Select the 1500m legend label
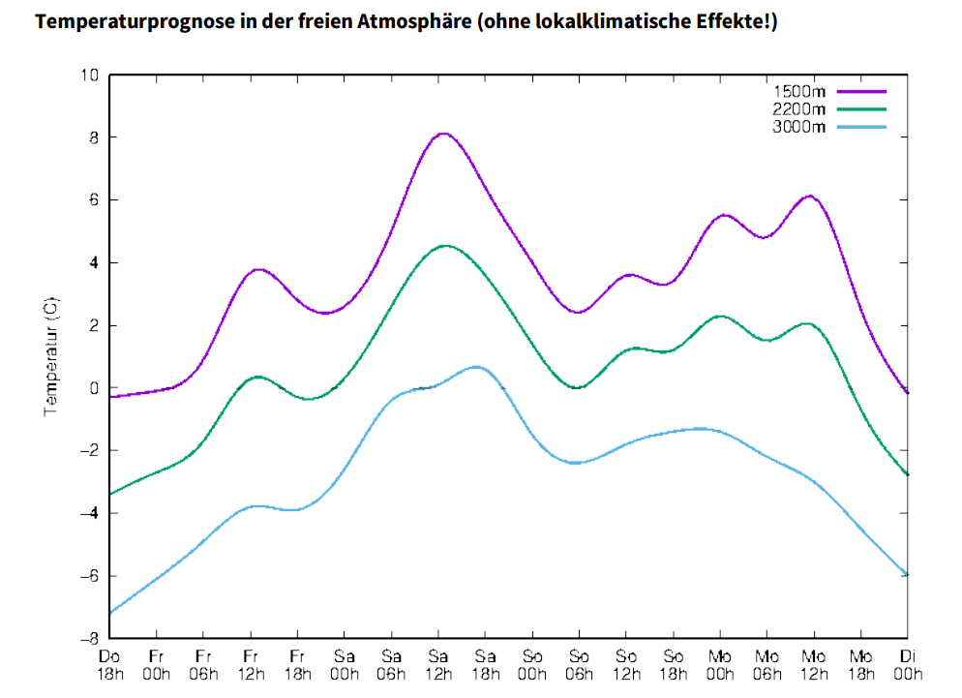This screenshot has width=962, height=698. (798, 91)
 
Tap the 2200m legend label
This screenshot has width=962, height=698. (798, 108)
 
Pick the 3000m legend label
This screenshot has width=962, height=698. (798, 126)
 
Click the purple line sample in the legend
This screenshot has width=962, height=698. (861, 91)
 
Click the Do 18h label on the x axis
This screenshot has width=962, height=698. (110, 665)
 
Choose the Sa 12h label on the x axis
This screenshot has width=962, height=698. (438, 665)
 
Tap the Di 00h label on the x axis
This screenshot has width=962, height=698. (908, 665)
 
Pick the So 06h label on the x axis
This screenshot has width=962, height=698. (579, 665)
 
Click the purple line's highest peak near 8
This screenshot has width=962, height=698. (443, 134)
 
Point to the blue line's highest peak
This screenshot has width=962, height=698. (476, 367)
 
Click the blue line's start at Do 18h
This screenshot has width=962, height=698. (111, 613)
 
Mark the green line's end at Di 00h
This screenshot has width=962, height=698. (907, 474)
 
